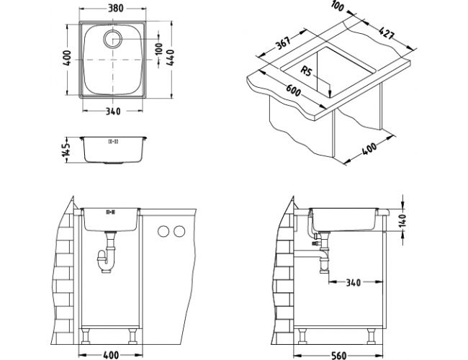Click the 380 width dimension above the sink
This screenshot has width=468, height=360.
click(x=115, y=8)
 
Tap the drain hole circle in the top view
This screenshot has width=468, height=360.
click(x=113, y=39)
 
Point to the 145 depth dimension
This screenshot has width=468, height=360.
click(x=67, y=150)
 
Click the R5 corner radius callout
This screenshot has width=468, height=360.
click(x=307, y=71)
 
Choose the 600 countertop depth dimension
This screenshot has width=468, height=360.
click(x=294, y=91)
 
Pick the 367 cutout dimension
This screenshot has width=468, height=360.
click(x=283, y=43)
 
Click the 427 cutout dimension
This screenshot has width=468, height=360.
click(x=387, y=33)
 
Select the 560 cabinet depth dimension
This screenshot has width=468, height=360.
click(x=339, y=355)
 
